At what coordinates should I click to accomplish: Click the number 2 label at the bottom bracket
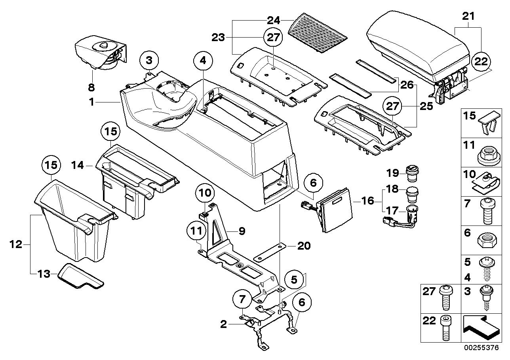[x=224, y=325]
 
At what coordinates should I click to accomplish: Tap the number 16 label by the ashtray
[x=367, y=201]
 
